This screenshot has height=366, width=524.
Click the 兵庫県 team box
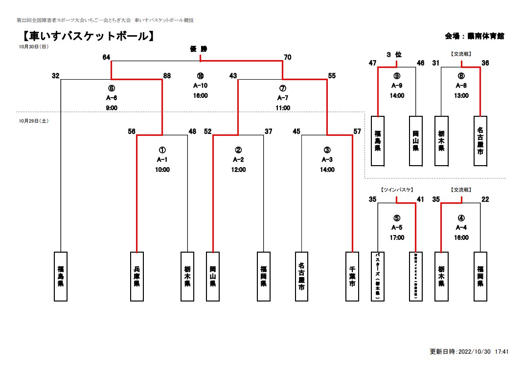pos(137,276)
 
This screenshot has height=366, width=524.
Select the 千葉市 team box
pos(352,276)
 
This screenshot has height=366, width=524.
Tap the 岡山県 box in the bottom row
pos(213,276)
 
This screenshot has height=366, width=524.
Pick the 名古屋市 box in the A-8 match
pos(480,141)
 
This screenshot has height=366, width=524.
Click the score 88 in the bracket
pos(167,76)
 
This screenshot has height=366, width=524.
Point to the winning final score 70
pos(287,57)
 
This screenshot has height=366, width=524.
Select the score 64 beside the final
pos(106,57)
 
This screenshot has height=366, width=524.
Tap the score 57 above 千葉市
pos(357,131)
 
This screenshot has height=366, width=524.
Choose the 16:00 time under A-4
pos(461,237)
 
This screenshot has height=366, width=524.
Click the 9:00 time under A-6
pos(112,108)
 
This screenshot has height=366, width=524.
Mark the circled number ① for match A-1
pos(162,150)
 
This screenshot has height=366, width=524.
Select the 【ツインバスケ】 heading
pos(397,190)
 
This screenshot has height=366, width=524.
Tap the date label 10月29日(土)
pos(34,120)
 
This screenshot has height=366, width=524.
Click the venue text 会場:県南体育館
pos(474,36)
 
